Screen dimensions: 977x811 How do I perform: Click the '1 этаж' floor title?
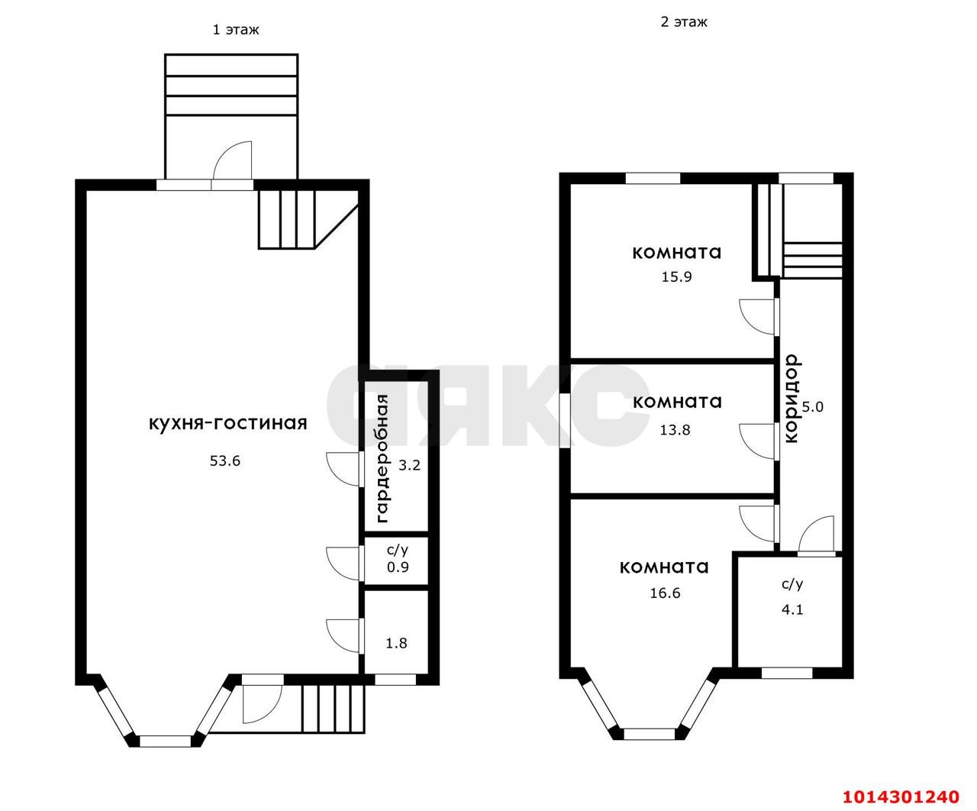pyautogui.click(x=236, y=30)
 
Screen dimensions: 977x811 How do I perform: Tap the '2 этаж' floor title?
pyautogui.click(x=684, y=22)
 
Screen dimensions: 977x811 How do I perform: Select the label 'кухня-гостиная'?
pyautogui.click(x=228, y=423)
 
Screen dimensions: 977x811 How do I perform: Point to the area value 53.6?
pyautogui.click(x=225, y=460)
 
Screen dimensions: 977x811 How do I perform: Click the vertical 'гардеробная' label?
pyautogui.click(x=382, y=459)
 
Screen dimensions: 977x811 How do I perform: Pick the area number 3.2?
pyautogui.click(x=409, y=465)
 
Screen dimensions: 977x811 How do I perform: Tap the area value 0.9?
pyautogui.click(x=398, y=567)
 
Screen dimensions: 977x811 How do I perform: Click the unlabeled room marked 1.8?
pyautogui.click(x=396, y=643)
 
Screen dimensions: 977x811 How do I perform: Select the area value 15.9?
pyautogui.click(x=676, y=276)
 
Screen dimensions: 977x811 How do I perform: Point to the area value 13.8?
pyautogui.click(x=675, y=430)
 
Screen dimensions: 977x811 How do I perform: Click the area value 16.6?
pyautogui.click(x=665, y=593)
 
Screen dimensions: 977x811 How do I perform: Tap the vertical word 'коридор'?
pyautogui.click(x=791, y=399)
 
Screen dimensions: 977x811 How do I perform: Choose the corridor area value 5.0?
pyautogui.click(x=813, y=406)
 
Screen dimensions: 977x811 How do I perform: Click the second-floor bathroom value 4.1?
pyautogui.click(x=792, y=609)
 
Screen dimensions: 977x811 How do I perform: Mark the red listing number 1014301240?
pyautogui.click(x=901, y=796)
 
